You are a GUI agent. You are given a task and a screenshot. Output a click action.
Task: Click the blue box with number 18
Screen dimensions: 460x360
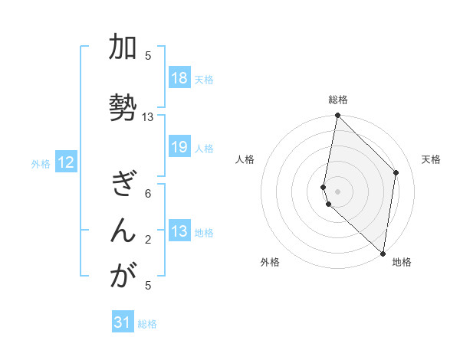(x=179, y=78)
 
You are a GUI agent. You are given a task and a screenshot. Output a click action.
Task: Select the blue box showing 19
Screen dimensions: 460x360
(x=179, y=147)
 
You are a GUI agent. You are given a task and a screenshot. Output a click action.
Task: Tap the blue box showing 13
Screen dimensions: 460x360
(x=179, y=231)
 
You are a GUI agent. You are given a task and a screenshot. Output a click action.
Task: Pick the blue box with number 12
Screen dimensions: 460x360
(x=66, y=162)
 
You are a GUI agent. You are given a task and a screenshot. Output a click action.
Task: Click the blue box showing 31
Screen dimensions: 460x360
(x=123, y=322)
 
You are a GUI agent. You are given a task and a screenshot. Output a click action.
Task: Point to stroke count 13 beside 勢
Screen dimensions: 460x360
(x=148, y=117)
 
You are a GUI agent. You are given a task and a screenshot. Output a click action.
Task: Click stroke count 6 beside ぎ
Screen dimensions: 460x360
(x=148, y=193)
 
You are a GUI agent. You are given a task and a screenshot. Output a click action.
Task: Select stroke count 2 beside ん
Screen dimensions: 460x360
(x=148, y=239)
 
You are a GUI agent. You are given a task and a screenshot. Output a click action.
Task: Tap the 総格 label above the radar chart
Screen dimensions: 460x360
(x=337, y=100)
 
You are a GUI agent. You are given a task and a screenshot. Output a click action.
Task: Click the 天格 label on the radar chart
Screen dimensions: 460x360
(x=431, y=159)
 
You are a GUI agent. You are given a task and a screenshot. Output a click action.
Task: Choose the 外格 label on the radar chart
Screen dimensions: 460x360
(x=270, y=262)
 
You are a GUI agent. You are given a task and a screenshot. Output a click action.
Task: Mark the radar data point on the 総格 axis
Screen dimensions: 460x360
(x=337, y=116)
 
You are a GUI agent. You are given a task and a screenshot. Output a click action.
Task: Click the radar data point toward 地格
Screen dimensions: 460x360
(x=383, y=254)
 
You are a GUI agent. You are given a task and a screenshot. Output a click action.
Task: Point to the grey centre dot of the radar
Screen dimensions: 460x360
(x=337, y=191)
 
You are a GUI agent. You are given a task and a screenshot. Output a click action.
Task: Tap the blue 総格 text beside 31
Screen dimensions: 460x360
(x=147, y=324)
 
